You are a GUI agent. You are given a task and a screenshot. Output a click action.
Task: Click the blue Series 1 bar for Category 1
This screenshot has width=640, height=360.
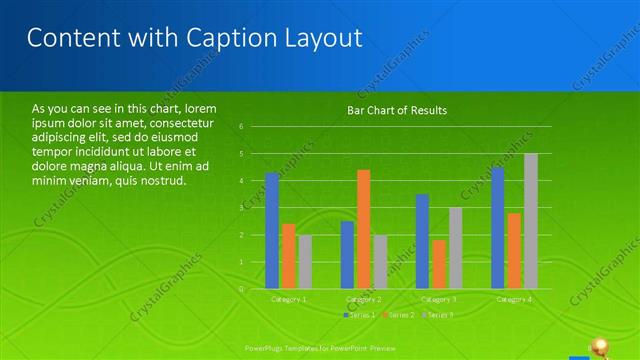[272, 231]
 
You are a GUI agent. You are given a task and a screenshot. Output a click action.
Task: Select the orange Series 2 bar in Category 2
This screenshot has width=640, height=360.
[363, 229]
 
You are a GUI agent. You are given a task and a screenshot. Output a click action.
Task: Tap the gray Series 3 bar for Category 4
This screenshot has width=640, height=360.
[531, 221]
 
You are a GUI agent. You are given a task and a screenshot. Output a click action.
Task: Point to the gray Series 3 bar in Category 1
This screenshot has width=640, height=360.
[305, 262]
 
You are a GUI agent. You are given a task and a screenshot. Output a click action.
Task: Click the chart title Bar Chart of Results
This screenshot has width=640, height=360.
[397, 110]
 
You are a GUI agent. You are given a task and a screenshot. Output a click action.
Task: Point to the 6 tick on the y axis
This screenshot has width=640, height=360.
[242, 127]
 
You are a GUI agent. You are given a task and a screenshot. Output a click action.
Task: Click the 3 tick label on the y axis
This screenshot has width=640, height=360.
[242, 208]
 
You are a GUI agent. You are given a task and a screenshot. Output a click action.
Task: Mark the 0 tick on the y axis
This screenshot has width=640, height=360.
[242, 289]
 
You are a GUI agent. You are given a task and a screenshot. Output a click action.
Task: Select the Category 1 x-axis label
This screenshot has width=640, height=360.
[288, 299]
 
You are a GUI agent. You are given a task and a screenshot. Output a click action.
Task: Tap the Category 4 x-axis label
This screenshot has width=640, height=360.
[514, 299]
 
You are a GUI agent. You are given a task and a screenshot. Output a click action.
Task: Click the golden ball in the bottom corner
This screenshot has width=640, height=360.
[601, 345]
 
